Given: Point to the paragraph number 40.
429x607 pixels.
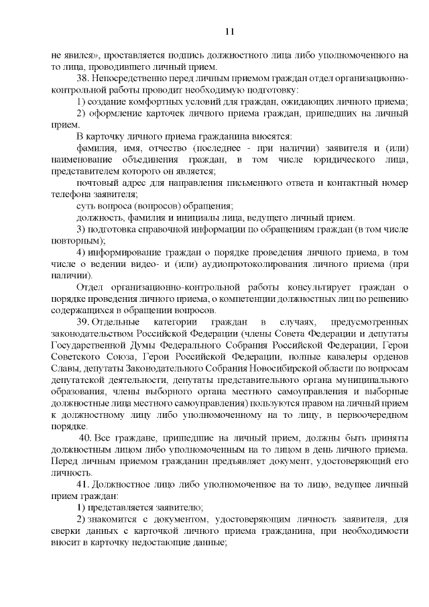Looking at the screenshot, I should pos(86,437).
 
